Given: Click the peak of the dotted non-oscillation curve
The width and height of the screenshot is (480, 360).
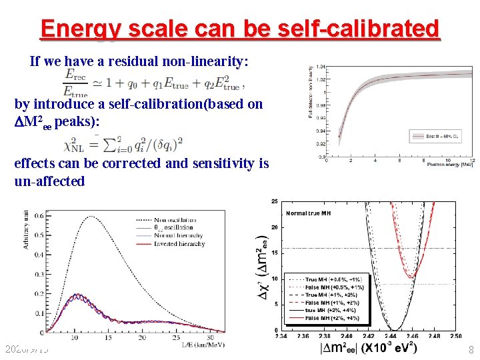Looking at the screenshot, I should [x=90, y=217].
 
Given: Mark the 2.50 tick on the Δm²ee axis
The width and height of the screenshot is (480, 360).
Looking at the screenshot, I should [x=455, y=336].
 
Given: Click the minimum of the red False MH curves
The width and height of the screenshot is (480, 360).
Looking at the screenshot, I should [x=412, y=275].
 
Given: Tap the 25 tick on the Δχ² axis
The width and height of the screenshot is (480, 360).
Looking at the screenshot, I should [x=275, y=201].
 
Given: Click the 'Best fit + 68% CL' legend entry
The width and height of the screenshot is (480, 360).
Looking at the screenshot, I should [x=437, y=136].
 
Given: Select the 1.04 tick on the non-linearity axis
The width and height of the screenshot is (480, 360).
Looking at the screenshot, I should [x=322, y=67].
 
